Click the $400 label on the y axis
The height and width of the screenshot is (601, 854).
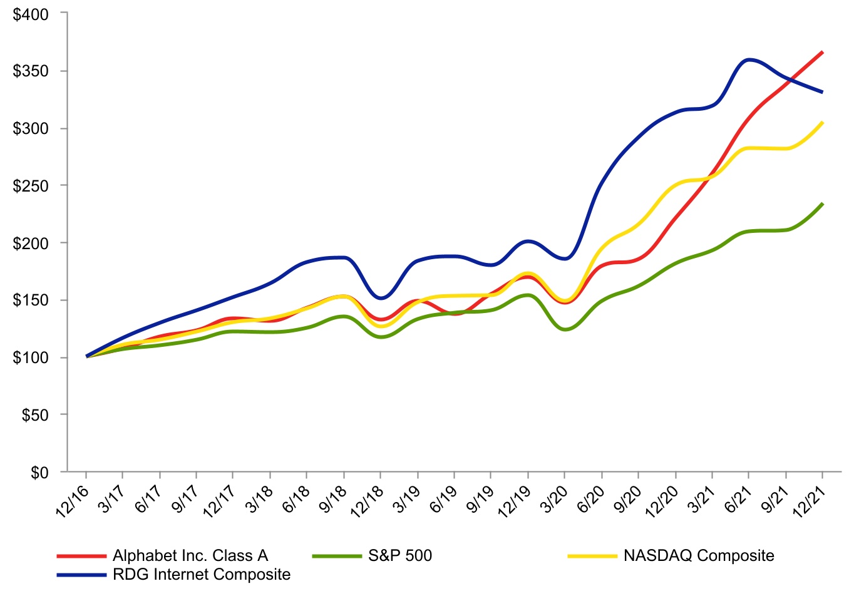(x=31, y=14)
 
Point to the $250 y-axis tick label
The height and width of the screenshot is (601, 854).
(x=31, y=186)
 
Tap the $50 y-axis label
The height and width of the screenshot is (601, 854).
(x=35, y=415)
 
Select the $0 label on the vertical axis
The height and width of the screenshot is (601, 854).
(x=39, y=473)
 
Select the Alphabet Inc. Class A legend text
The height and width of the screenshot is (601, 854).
(x=190, y=556)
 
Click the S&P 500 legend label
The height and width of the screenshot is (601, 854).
(x=400, y=556)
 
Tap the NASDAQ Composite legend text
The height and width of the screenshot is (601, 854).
(x=699, y=556)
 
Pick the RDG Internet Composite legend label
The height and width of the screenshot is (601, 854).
(x=202, y=575)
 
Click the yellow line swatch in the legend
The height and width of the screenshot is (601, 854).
(x=592, y=556)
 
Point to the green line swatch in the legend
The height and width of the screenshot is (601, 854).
(x=337, y=556)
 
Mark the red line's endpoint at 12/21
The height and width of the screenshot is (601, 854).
(x=822, y=53)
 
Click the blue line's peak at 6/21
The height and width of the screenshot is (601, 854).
(x=748, y=59)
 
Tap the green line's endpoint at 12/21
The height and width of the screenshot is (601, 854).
(x=822, y=204)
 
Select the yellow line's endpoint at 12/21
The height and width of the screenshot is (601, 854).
(x=822, y=123)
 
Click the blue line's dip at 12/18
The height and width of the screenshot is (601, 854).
(x=381, y=297)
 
